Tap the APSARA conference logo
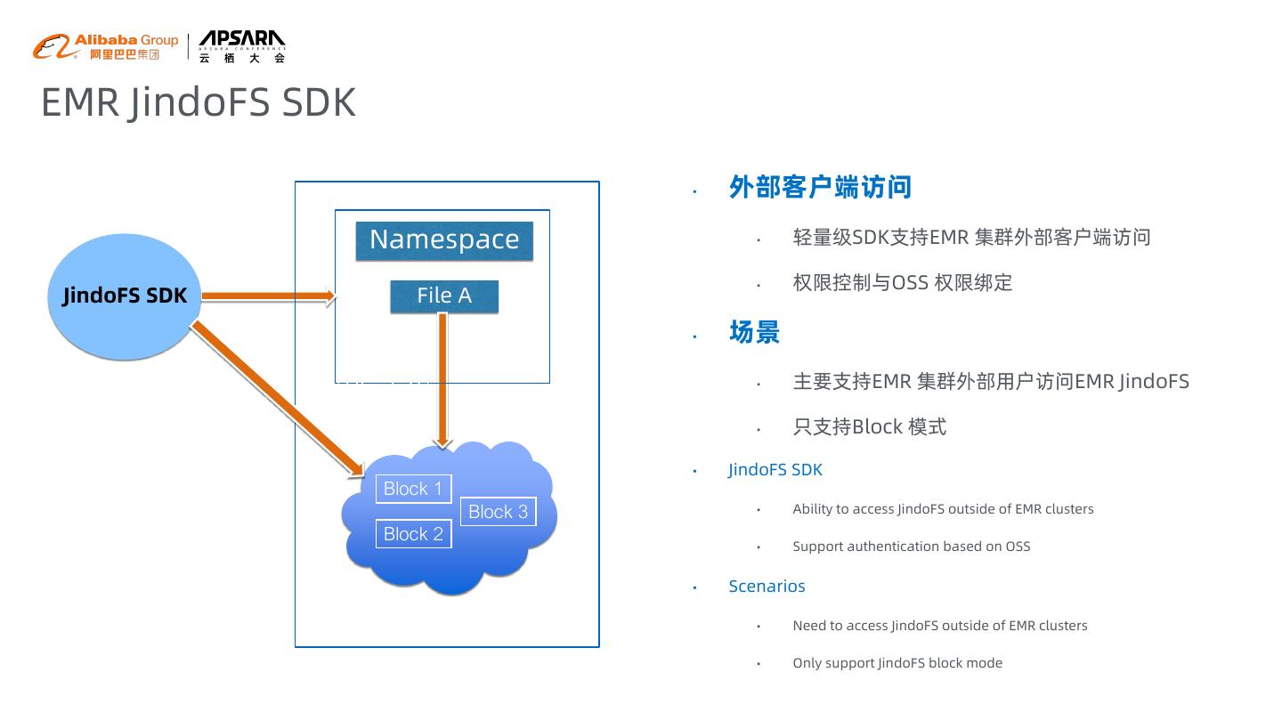click(x=241, y=46)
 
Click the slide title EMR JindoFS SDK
click(x=199, y=102)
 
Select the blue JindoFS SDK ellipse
click(x=124, y=296)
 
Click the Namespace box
click(x=444, y=240)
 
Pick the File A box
click(x=444, y=296)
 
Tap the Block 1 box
click(x=413, y=489)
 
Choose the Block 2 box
click(x=413, y=534)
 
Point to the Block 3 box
click(x=499, y=512)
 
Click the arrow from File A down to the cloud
click(x=442, y=378)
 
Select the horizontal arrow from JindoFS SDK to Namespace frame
click(x=267, y=296)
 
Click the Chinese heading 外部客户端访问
click(x=820, y=187)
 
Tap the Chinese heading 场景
click(x=754, y=332)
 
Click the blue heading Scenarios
click(x=767, y=586)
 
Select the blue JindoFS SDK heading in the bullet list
click(x=775, y=470)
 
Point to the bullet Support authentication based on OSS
click(x=911, y=547)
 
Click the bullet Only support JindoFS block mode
click(x=897, y=663)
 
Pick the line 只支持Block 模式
click(x=869, y=427)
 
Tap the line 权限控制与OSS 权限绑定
click(x=902, y=283)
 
